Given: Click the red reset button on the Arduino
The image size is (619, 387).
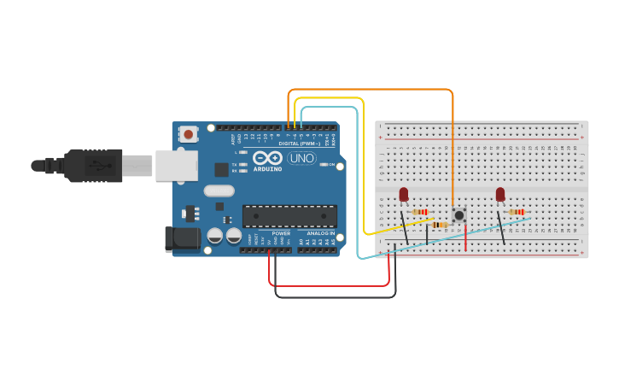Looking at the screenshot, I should [x=188, y=134].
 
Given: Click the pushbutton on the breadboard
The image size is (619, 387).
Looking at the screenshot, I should [x=459, y=214].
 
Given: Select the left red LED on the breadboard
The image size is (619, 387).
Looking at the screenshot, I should [x=404, y=195].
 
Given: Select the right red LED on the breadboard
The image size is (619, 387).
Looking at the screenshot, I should [x=500, y=195].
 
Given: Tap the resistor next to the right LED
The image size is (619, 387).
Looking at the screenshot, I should [x=517, y=212].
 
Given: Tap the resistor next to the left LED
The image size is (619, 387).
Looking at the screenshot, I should [x=420, y=212].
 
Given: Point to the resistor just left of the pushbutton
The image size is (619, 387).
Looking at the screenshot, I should [x=440, y=225].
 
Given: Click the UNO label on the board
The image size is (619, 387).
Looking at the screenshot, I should [x=301, y=158].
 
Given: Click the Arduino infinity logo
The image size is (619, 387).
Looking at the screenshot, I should [x=266, y=158].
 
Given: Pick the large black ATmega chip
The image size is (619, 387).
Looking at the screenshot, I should [x=289, y=216].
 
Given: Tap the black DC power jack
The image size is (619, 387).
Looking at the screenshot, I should [x=182, y=238].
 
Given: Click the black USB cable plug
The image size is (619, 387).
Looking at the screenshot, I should [x=94, y=165].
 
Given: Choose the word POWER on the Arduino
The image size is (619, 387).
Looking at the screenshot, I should [x=281, y=233].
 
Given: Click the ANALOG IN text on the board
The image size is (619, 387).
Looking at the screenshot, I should [x=316, y=233].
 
